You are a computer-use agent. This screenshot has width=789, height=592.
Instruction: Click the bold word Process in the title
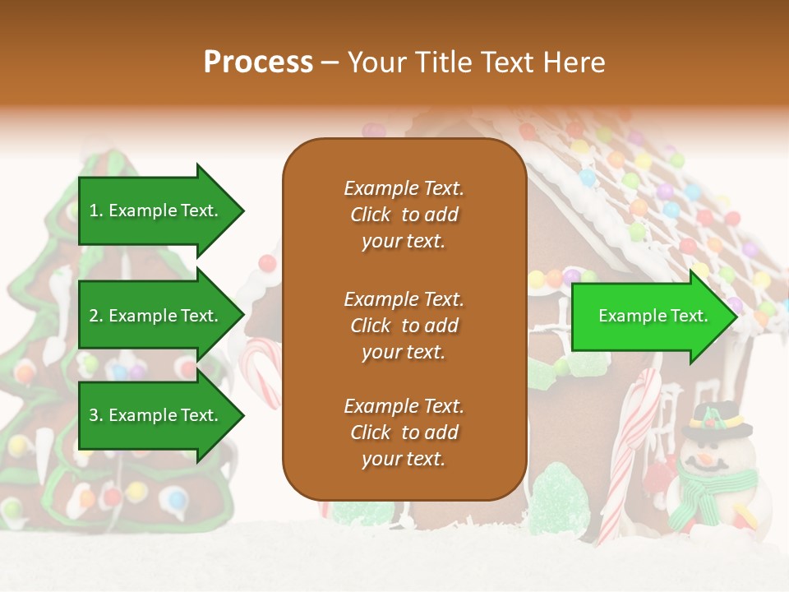[258, 62]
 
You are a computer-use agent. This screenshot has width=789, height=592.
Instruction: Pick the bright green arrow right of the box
[653, 316]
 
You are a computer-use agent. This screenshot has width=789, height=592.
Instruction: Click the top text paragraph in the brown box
[404, 215]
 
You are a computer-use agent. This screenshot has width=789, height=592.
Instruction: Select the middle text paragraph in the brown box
[404, 326]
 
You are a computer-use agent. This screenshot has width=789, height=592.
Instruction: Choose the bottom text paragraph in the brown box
[404, 432]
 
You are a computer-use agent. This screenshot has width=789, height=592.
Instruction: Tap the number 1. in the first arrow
[96, 210]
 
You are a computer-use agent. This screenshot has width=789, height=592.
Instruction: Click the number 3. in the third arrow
[96, 415]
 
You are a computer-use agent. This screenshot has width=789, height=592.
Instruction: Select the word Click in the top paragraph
[371, 215]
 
